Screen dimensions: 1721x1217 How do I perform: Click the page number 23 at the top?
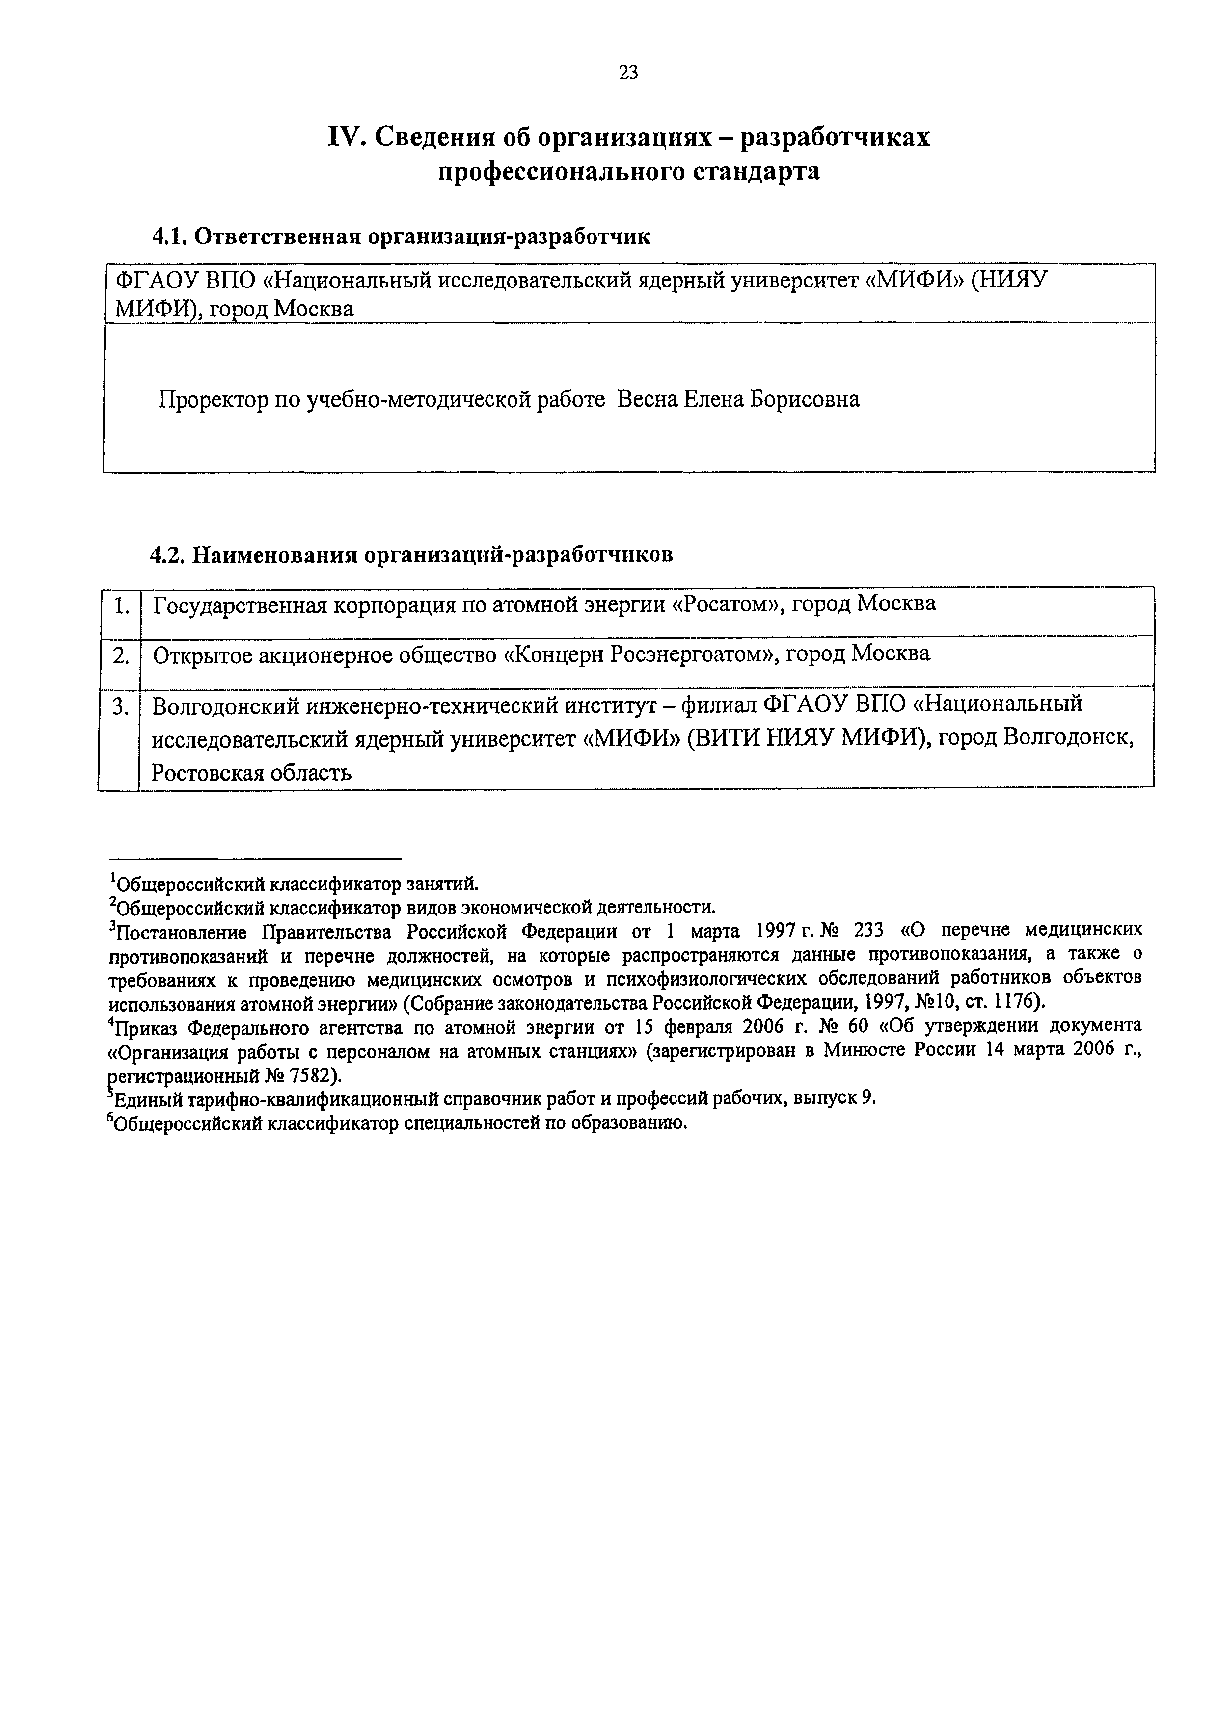click(x=628, y=72)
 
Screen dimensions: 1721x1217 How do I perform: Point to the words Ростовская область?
click(x=252, y=773)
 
